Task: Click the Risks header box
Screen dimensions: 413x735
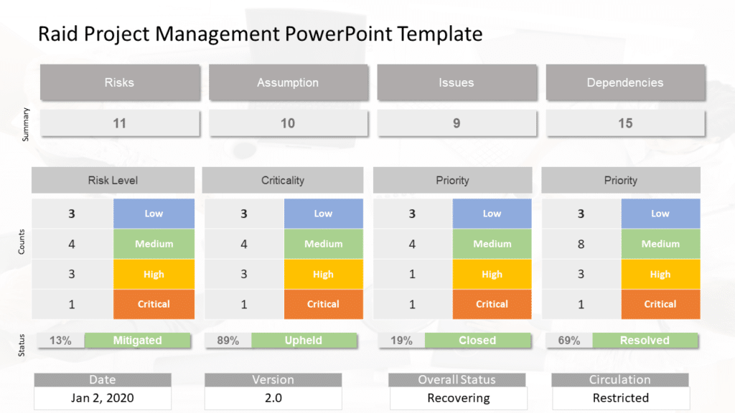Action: point(119,82)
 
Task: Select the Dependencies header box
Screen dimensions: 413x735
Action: point(624,82)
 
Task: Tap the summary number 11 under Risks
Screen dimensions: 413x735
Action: point(119,123)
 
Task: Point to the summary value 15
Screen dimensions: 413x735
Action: point(624,123)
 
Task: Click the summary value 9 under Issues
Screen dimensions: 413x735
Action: point(457,123)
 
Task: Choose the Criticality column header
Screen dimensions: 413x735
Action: point(283,181)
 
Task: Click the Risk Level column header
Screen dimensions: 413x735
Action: point(113,181)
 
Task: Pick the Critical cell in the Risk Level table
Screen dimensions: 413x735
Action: point(154,304)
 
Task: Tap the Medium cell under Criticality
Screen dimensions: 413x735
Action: point(323,244)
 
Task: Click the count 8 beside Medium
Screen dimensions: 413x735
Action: point(581,244)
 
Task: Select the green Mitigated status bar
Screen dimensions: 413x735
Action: point(137,341)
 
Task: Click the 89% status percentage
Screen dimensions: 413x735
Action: point(228,341)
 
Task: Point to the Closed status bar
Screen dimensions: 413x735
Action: point(477,341)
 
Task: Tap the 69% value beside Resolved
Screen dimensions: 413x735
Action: point(568,341)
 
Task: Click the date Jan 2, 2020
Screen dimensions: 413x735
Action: point(103,398)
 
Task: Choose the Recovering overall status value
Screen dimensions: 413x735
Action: point(458,398)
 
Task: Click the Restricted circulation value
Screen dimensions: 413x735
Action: point(620,398)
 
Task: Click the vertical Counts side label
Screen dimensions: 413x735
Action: point(22,244)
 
